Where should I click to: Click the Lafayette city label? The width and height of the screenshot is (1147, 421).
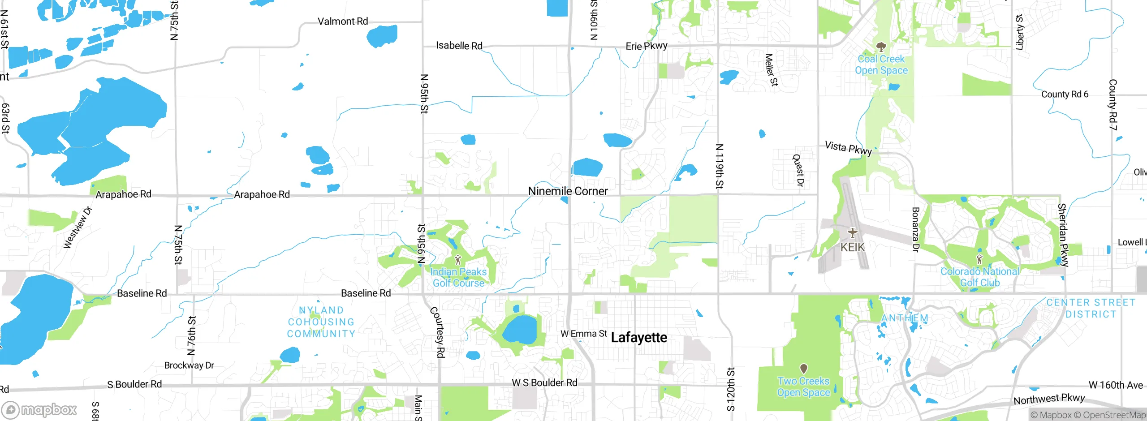point(639,338)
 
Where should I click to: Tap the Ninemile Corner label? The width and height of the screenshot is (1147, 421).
point(568,191)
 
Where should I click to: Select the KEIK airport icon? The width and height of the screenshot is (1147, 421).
point(852,232)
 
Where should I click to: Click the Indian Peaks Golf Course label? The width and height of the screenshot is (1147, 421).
point(458,277)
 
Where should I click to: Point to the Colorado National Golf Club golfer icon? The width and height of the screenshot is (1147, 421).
point(979,259)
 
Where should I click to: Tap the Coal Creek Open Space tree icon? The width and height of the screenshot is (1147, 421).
point(881,47)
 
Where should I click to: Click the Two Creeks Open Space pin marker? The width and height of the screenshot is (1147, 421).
point(804,369)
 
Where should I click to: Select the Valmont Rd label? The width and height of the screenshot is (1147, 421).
point(343,21)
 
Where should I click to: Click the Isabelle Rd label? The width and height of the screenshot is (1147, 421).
point(459,46)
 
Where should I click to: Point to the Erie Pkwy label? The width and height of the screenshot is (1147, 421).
point(647,46)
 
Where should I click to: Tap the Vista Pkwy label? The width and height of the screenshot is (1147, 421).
point(849,148)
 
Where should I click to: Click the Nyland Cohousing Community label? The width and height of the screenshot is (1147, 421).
point(321,322)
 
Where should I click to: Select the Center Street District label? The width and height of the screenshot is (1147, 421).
point(1091,308)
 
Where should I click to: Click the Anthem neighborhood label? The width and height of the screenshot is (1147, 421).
point(905,318)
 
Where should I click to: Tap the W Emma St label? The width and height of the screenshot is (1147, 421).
point(584,334)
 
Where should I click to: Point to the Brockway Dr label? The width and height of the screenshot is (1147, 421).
point(189,365)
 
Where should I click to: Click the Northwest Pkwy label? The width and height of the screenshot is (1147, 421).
point(1049,399)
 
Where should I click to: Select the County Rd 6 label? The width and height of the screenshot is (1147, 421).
point(1065,94)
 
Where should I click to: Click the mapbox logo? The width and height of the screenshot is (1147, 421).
point(39,409)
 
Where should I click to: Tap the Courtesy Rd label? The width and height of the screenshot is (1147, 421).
point(438,332)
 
